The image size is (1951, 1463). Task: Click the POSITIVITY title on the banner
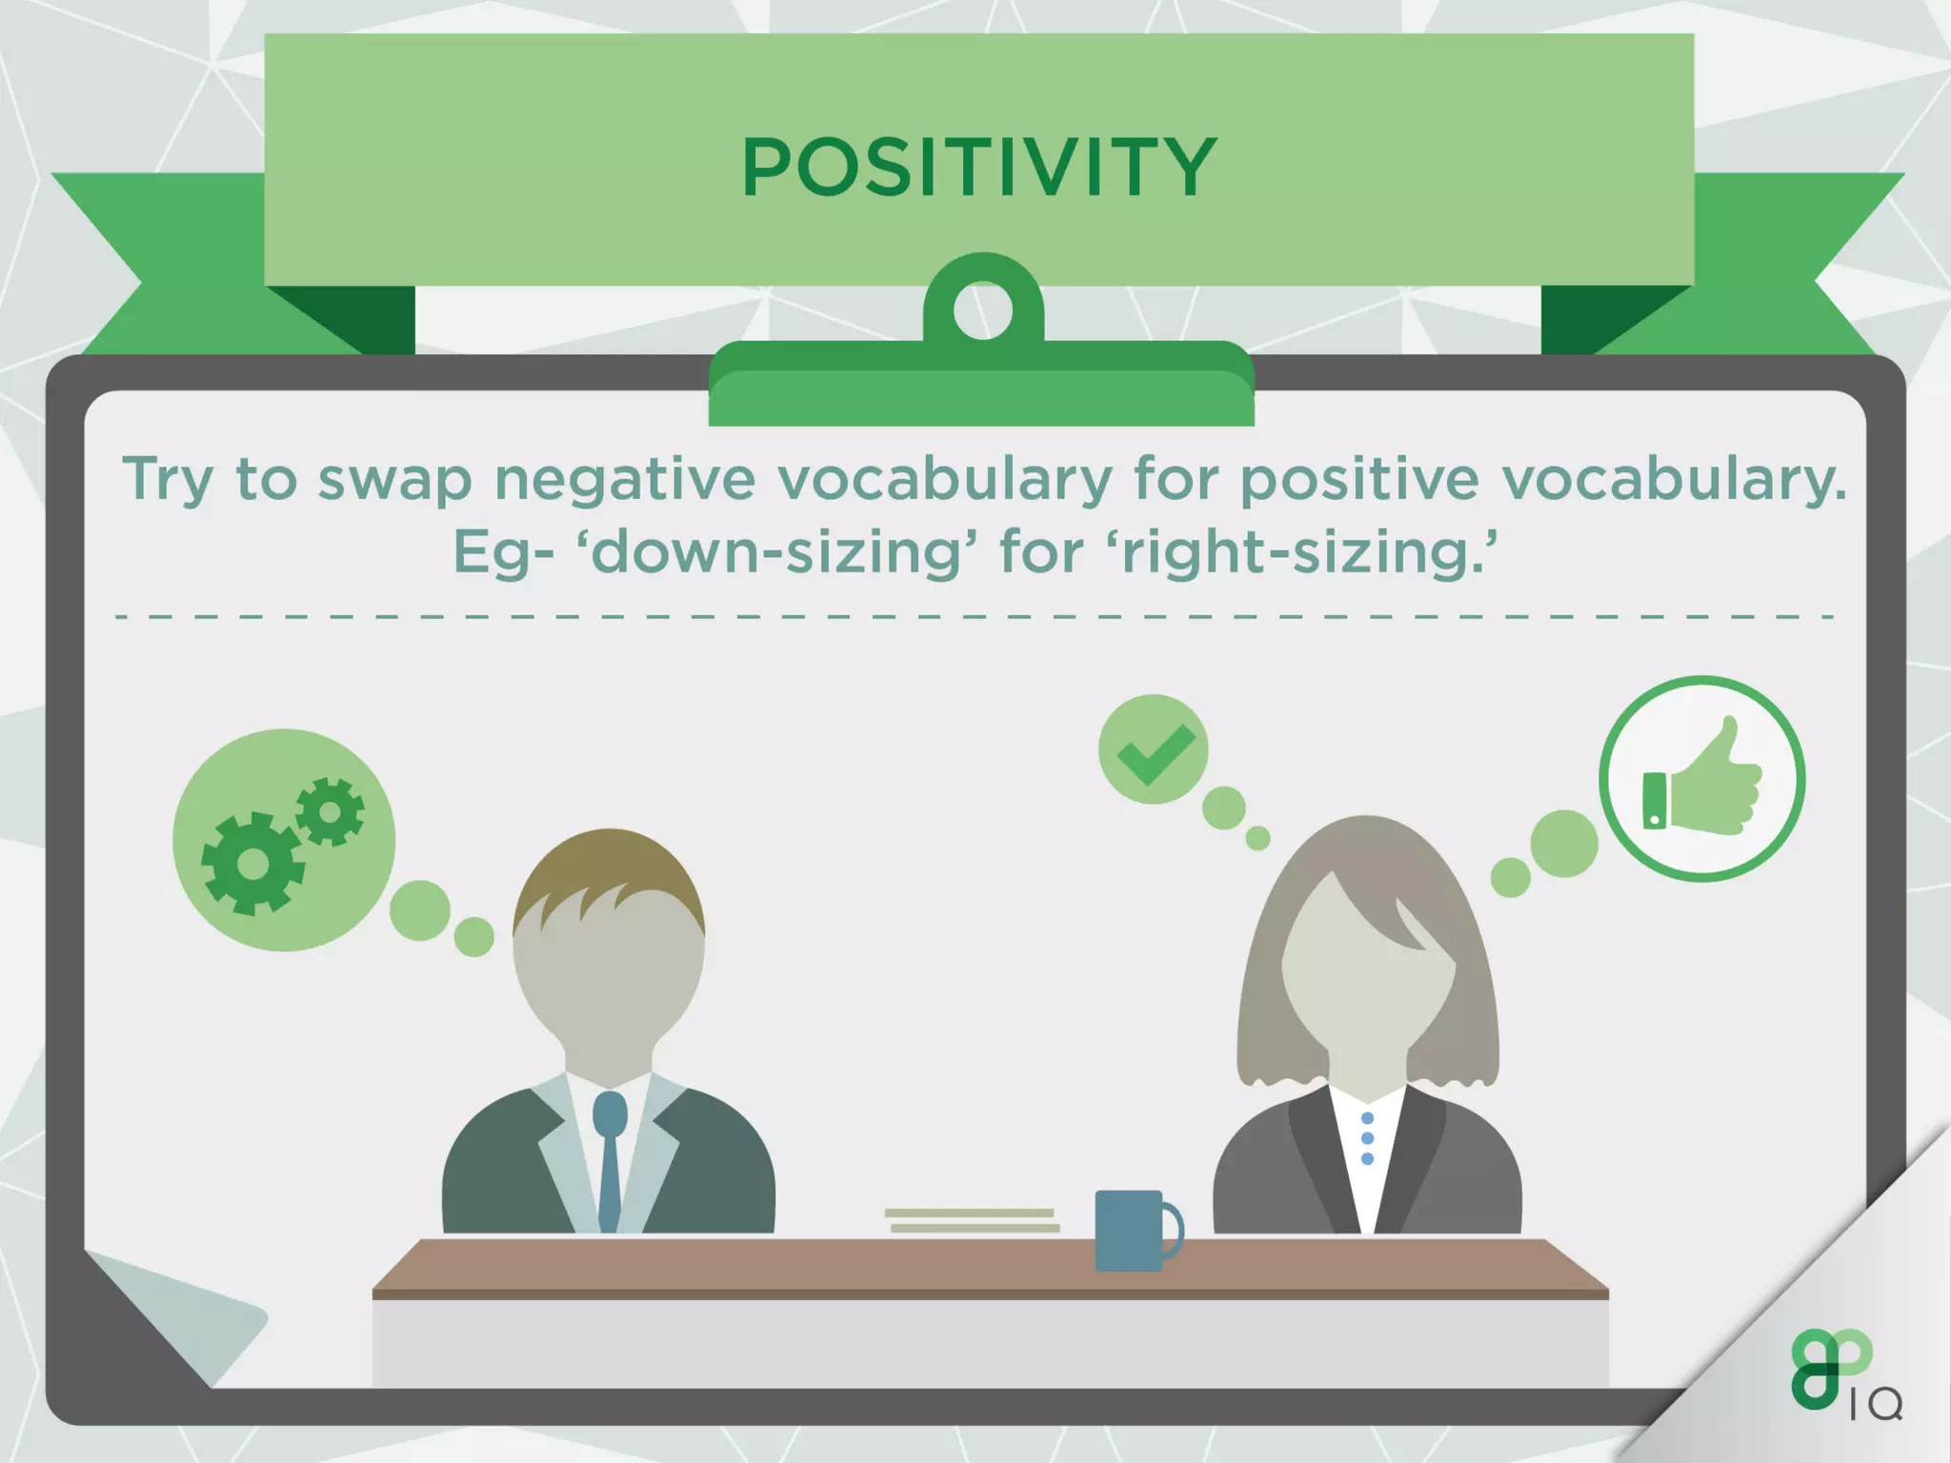[978, 168]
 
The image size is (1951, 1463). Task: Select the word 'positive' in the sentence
[1359, 479]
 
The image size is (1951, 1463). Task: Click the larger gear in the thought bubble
[252, 863]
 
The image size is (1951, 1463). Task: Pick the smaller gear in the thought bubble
[330, 812]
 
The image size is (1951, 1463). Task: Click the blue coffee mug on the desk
[1129, 1230]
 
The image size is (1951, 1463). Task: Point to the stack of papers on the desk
[972, 1220]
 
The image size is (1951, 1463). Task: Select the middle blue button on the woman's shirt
[1368, 1138]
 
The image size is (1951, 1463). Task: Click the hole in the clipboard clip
[982, 310]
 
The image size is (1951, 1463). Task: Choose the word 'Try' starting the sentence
[168, 479]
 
